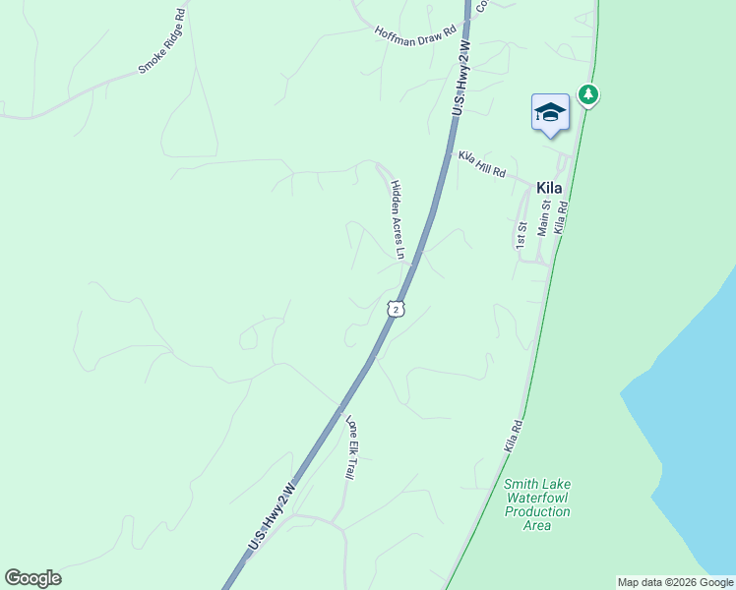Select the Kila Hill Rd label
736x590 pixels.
482,164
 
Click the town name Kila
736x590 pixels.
550,187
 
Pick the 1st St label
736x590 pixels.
521,234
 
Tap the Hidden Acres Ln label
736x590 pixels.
398,219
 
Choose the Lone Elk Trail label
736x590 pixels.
350,447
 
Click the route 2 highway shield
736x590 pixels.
396,309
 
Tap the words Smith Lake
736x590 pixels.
537,484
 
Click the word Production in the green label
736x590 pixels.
537,511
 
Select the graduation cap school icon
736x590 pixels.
550,113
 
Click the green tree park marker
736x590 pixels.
588,94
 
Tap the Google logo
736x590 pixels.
32,578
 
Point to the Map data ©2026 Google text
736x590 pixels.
675,582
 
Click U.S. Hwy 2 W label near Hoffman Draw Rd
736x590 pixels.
461,80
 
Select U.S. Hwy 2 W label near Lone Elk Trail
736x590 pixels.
272,515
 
